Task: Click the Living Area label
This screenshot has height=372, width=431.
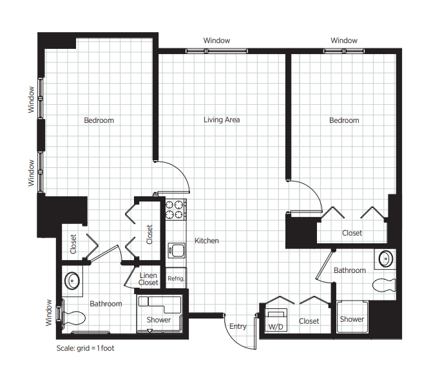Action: pyautogui.click(x=222, y=120)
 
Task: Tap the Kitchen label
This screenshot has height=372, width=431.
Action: pyautogui.click(x=207, y=241)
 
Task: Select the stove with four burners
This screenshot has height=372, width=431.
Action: pyautogui.click(x=175, y=209)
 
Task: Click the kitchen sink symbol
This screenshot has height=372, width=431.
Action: pyautogui.click(x=177, y=250)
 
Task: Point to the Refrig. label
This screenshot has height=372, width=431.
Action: pyautogui.click(x=176, y=279)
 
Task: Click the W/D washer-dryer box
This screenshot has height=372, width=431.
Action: pyautogui.click(x=276, y=320)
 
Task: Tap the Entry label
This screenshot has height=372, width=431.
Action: pyautogui.click(x=238, y=326)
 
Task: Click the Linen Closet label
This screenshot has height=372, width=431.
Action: pyautogui.click(x=148, y=279)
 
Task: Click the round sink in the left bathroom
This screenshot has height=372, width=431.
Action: pyautogui.click(x=72, y=281)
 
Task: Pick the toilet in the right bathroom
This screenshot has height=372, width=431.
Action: pyautogui.click(x=384, y=285)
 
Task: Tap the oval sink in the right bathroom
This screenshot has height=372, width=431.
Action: pyautogui.click(x=386, y=259)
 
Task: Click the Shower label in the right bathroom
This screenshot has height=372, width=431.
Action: pyautogui.click(x=352, y=319)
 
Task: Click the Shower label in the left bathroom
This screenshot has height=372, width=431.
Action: pyautogui.click(x=158, y=320)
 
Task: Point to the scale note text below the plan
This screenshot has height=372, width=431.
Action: pyautogui.click(x=85, y=348)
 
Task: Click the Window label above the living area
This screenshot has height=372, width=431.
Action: pyautogui.click(x=216, y=41)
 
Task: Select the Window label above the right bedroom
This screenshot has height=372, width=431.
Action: pyautogui.click(x=344, y=41)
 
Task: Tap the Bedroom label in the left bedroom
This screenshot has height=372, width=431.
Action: pyautogui.click(x=99, y=120)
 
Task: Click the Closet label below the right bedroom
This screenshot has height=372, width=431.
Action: pyautogui.click(x=352, y=233)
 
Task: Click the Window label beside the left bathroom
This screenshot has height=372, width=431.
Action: pyautogui.click(x=49, y=312)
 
